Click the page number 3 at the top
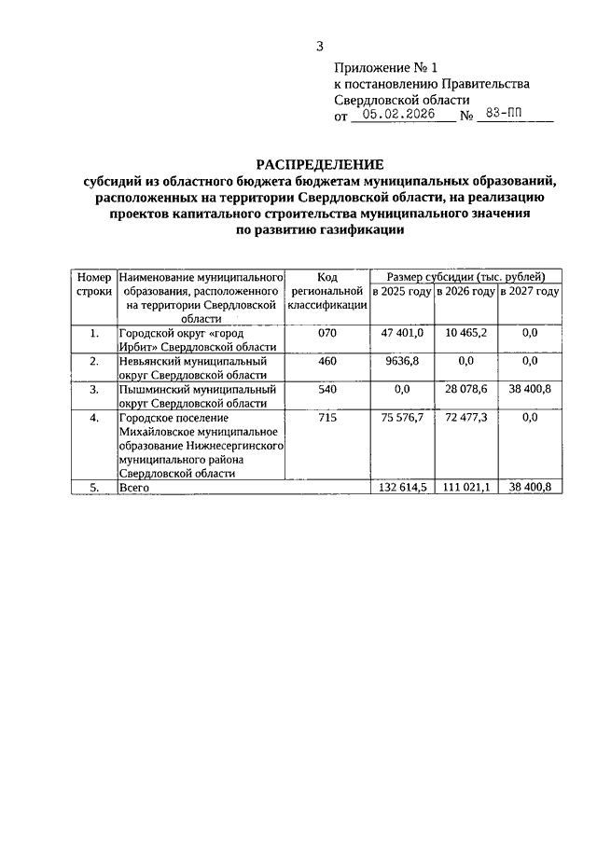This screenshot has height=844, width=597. pyautogui.click(x=320, y=46)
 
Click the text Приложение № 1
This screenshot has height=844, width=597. pyautogui.click(x=385, y=68)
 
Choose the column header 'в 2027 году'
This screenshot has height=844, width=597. pyautogui.click(x=530, y=292)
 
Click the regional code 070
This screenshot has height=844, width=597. pyautogui.click(x=326, y=333)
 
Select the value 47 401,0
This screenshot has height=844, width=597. pyautogui.click(x=403, y=333)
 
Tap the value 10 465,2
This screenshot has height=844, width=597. pyautogui.click(x=466, y=333)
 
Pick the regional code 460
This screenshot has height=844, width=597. pyautogui.click(x=326, y=361)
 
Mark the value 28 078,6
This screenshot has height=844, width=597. pyautogui.click(x=466, y=389)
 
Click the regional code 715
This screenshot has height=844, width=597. pyautogui.click(x=326, y=419)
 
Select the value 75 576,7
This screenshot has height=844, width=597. pyautogui.click(x=403, y=419)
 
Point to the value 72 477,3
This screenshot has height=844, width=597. pyautogui.click(x=466, y=419)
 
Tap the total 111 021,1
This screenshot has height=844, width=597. pyautogui.click(x=465, y=488)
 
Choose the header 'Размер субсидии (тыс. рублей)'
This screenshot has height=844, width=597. pyautogui.click(x=465, y=277)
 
